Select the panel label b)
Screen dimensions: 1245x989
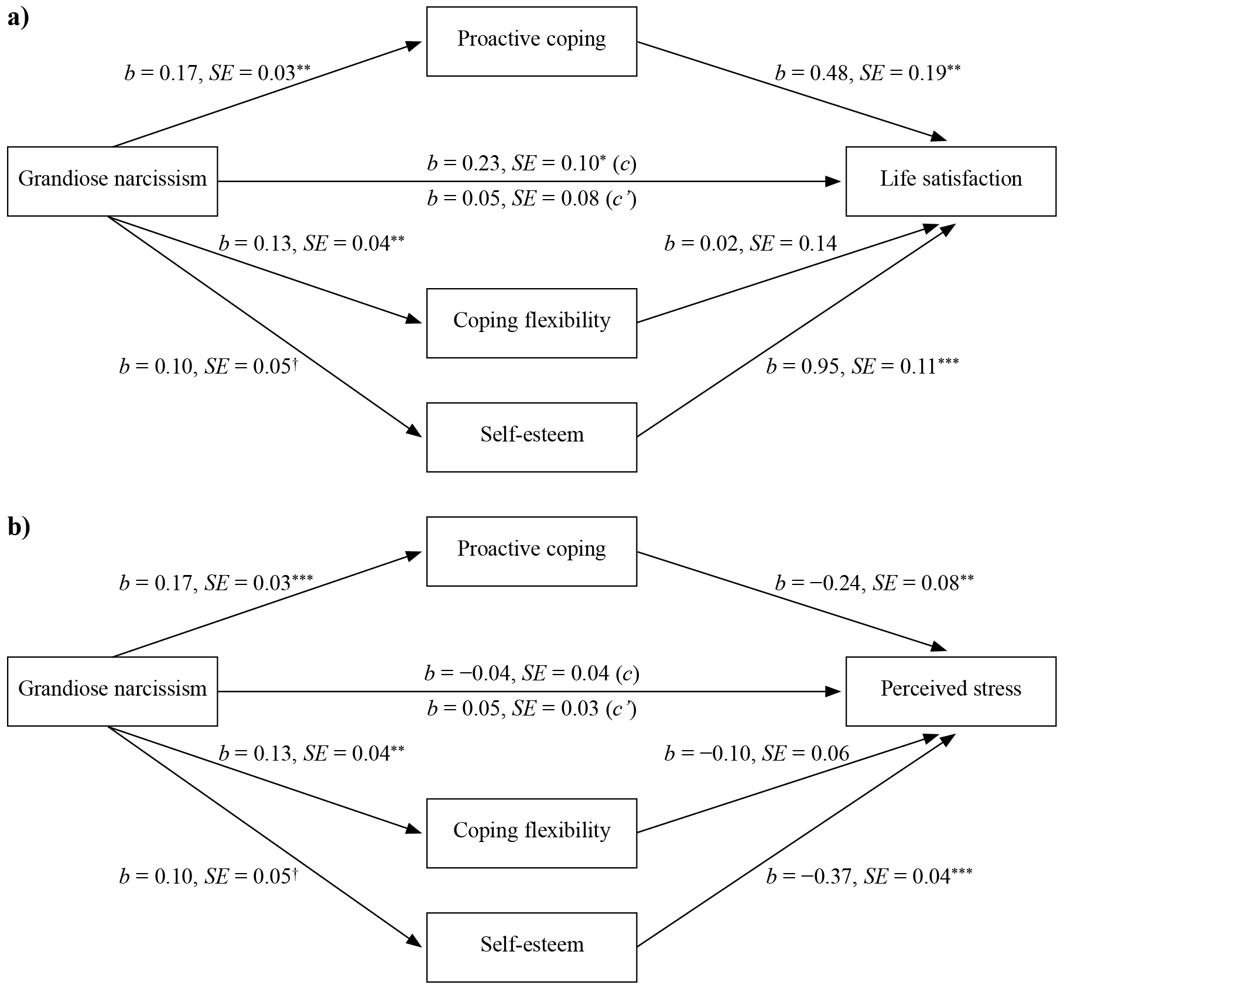(19, 527)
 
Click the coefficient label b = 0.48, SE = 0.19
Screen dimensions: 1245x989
(868, 73)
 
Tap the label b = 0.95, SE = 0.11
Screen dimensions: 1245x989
(863, 366)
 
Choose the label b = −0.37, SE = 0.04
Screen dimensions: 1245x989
(870, 876)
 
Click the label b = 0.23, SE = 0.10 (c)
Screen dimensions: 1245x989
(532, 163)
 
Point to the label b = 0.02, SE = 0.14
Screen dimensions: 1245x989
(751, 243)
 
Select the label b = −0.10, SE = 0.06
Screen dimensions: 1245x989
(757, 753)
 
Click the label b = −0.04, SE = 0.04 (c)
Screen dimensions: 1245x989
(532, 673)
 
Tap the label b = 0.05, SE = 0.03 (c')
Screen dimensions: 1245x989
(532, 709)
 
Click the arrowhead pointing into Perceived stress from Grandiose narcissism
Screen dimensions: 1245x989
(833, 692)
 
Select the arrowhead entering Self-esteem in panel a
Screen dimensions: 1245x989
(414, 430)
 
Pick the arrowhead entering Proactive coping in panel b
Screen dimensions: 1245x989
(414, 555)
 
